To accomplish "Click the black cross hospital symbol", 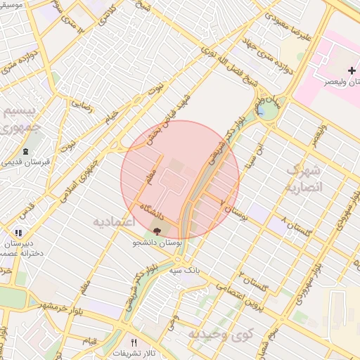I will click(352, 70).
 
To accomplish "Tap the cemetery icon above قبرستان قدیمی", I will click(25, 152).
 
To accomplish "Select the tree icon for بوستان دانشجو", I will click(157, 231).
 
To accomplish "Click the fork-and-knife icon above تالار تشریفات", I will click(134, 342).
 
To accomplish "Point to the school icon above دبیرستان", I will click(18, 232).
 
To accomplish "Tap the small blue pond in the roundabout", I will click(262, 110).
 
